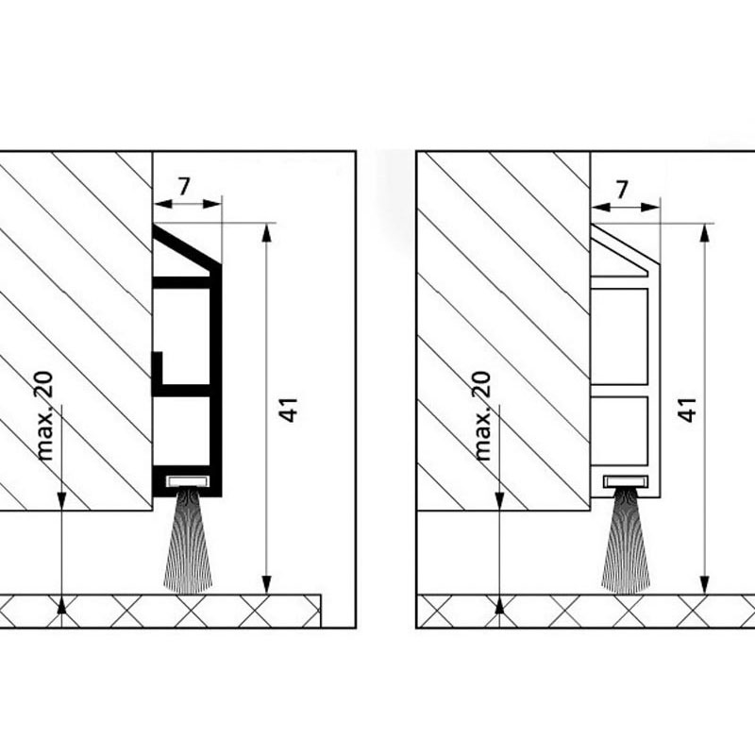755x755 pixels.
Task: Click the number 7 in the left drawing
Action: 184,187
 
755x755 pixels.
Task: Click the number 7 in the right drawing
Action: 622,190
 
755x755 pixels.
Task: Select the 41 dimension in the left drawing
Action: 289,410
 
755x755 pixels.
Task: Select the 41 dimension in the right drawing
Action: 687,410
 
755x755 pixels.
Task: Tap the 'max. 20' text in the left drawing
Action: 44,416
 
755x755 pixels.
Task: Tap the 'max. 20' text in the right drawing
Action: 483,416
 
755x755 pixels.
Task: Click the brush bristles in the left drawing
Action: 188,540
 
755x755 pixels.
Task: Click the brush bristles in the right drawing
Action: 626,540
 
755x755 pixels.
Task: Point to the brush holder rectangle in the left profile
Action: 188,480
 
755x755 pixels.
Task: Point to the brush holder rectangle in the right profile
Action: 626,480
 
